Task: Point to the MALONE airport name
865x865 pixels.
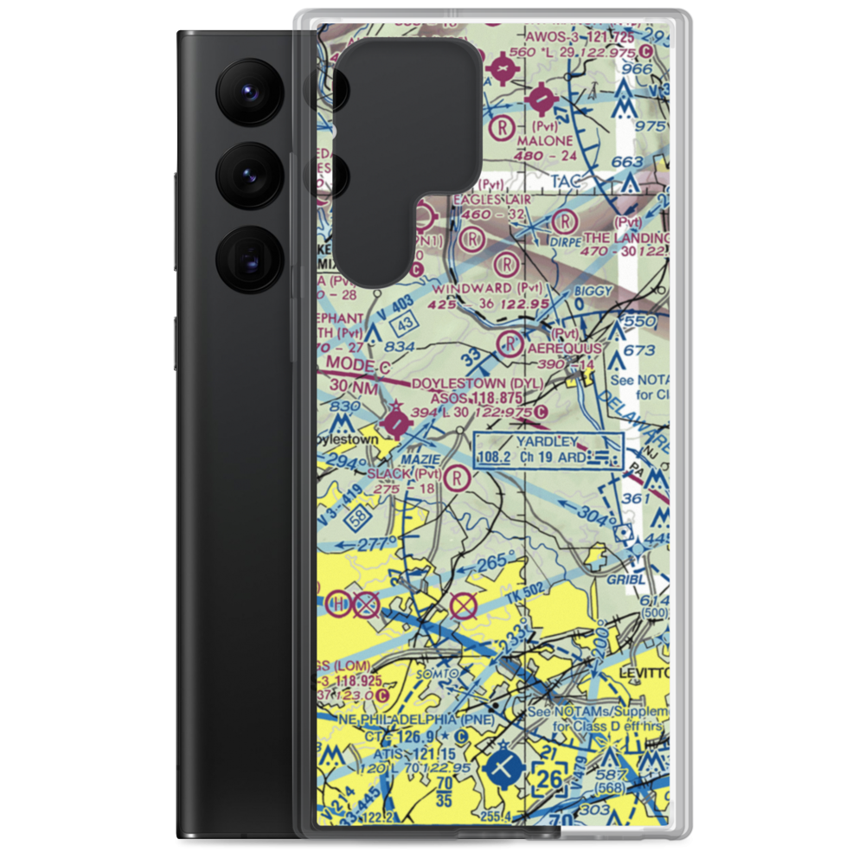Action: (544, 140)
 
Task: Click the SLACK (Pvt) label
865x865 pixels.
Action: (404, 474)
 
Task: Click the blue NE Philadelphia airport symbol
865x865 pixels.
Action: (504, 766)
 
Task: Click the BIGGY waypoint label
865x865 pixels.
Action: (594, 292)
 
